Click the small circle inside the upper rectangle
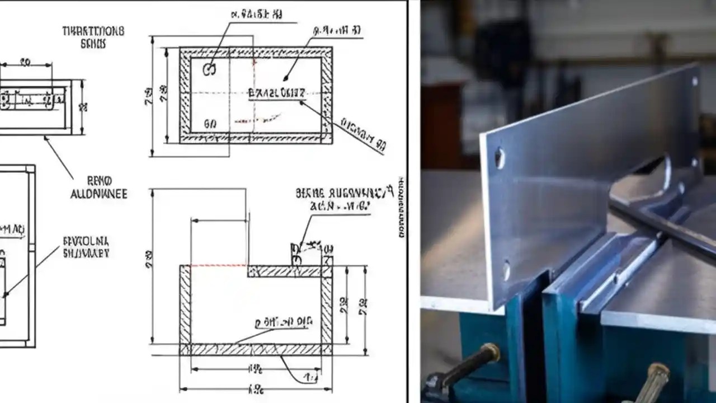coord(209,69)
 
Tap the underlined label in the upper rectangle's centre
coord(276,93)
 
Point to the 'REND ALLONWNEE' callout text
coord(99,188)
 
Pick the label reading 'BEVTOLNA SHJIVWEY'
coord(86,247)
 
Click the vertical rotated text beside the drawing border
coord(401,207)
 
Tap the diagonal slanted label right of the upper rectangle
coord(364,135)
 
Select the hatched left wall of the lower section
coord(185,305)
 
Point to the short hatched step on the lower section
coord(285,271)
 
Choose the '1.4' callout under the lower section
coord(311,379)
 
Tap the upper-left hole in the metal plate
coord(500,158)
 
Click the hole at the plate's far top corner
coord(695,81)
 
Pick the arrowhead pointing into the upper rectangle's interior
coord(286,79)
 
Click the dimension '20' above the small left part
coord(25,63)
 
